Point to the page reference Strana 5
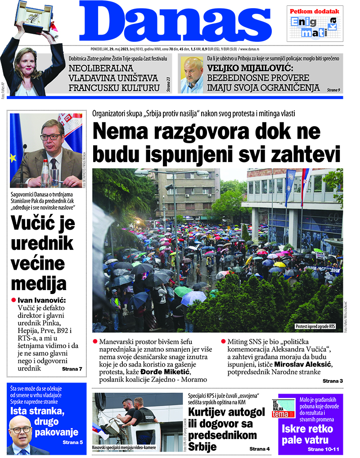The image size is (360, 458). (x=72, y=442)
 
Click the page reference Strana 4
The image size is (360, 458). (x=260, y=449)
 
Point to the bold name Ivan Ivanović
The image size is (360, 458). (x=41, y=300)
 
